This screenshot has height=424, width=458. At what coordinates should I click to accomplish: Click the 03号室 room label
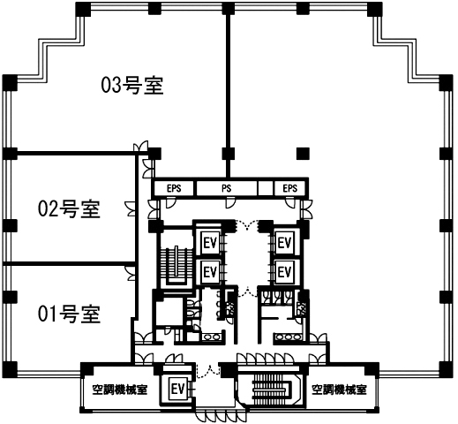pos(132,86)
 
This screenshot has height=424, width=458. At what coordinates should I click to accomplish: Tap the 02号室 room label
pos(70,208)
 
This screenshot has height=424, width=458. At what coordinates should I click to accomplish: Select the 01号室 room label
pos(70,314)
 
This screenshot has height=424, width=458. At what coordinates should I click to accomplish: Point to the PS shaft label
pos(226,188)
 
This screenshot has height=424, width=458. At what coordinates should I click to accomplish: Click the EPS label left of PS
pos(174,188)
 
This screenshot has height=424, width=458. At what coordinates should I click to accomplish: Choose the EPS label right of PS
pos(290,188)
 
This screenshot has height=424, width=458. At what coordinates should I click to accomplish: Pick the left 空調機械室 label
pos(120,390)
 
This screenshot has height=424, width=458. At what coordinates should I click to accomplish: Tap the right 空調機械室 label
pos(339,390)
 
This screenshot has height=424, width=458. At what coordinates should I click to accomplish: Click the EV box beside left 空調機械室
pos(177,390)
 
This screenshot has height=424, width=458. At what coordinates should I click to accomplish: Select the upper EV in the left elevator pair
pos(210,243)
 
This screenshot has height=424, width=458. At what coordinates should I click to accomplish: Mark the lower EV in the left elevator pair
pos(210,271)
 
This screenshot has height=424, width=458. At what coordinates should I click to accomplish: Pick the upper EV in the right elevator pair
pos(284,243)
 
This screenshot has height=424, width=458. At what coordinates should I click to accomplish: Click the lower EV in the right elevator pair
pos(284,271)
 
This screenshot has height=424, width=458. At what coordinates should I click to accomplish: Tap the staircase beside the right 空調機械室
pos(269,390)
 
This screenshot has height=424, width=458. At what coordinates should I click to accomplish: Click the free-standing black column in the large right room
pos(303,153)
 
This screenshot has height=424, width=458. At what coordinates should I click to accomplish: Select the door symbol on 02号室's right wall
pos(130,208)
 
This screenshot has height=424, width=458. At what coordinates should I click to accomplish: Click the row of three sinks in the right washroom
pos(289,337)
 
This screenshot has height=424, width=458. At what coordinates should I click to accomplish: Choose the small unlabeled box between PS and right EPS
pos(266,188)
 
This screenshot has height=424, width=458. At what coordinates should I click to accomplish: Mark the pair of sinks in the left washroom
pos(211,337)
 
